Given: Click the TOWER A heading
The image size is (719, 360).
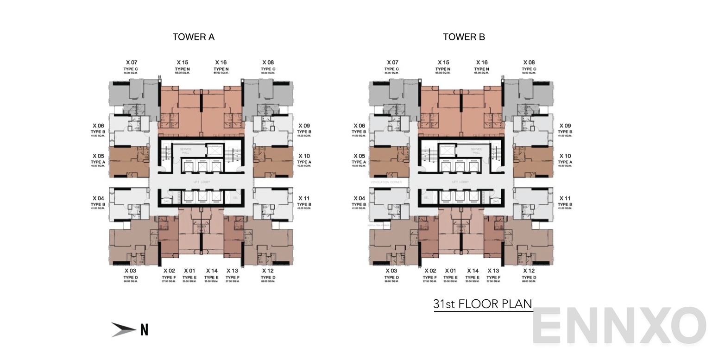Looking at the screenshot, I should (x=193, y=37).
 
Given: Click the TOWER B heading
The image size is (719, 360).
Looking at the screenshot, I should (x=464, y=37).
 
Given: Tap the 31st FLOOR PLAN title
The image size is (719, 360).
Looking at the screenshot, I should (x=482, y=304).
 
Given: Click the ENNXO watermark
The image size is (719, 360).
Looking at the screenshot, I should (x=619, y=326).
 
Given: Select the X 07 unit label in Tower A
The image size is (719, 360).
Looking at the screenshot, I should (x=132, y=63).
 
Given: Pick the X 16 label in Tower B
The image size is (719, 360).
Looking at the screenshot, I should (x=482, y=63).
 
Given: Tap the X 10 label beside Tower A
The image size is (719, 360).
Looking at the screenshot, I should (x=304, y=156).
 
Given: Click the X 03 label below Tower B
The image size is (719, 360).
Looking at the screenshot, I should (x=391, y=271).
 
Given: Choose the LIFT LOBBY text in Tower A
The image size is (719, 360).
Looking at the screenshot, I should (x=202, y=182).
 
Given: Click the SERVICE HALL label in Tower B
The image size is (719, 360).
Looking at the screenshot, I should (x=476, y=151).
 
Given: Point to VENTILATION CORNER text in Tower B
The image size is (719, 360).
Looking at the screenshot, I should (x=385, y=183).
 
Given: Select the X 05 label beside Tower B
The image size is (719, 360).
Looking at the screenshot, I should (x=359, y=156).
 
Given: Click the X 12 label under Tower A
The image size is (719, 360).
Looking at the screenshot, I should (x=268, y=271).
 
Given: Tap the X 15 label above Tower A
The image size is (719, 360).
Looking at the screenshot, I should (x=182, y=63).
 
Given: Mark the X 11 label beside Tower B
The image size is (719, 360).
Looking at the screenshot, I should (x=565, y=198).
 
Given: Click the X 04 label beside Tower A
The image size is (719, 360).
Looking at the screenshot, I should (x=98, y=198).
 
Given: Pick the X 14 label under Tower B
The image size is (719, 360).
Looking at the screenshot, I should (x=473, y=271).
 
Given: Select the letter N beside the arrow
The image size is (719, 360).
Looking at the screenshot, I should (x=144, y=330).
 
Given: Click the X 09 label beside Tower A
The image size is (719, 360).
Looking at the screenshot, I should (x=304, y=126).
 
